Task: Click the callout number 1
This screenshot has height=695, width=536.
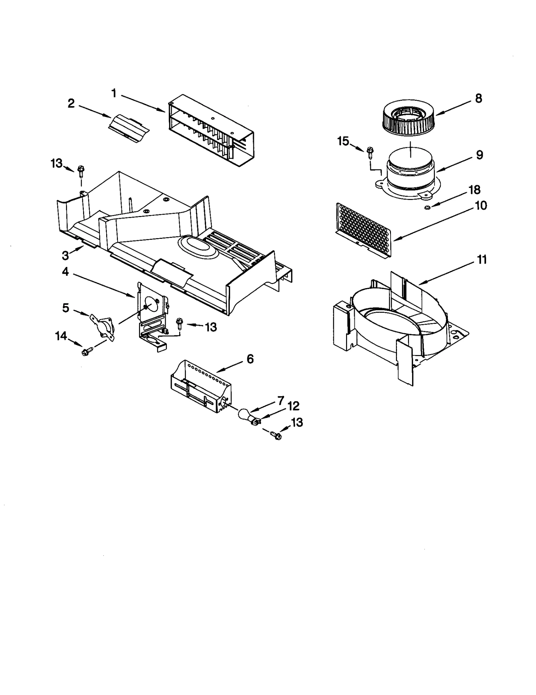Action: coord(114,93)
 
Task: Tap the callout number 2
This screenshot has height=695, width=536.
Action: coord(71,103)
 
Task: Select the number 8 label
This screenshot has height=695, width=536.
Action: coord(478,98)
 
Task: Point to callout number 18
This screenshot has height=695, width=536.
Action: coord(474,190)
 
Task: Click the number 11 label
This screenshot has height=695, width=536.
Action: coord(481,260)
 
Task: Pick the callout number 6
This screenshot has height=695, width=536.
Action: coord(250,359)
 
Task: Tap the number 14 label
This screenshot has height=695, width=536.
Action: coord(61,336)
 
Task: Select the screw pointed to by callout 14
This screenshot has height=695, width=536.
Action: coord(85,352)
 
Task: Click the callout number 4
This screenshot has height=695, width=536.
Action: coord(65,272)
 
